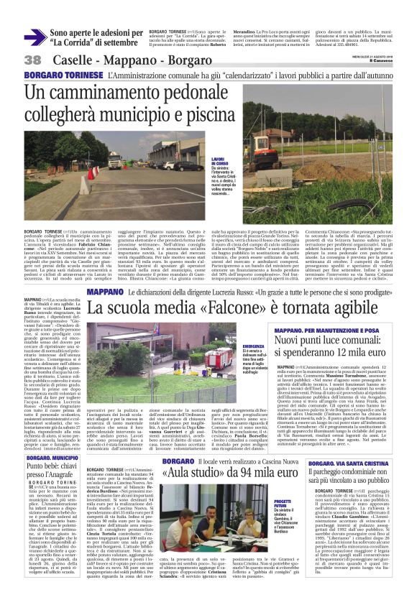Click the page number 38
pos(32,60)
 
